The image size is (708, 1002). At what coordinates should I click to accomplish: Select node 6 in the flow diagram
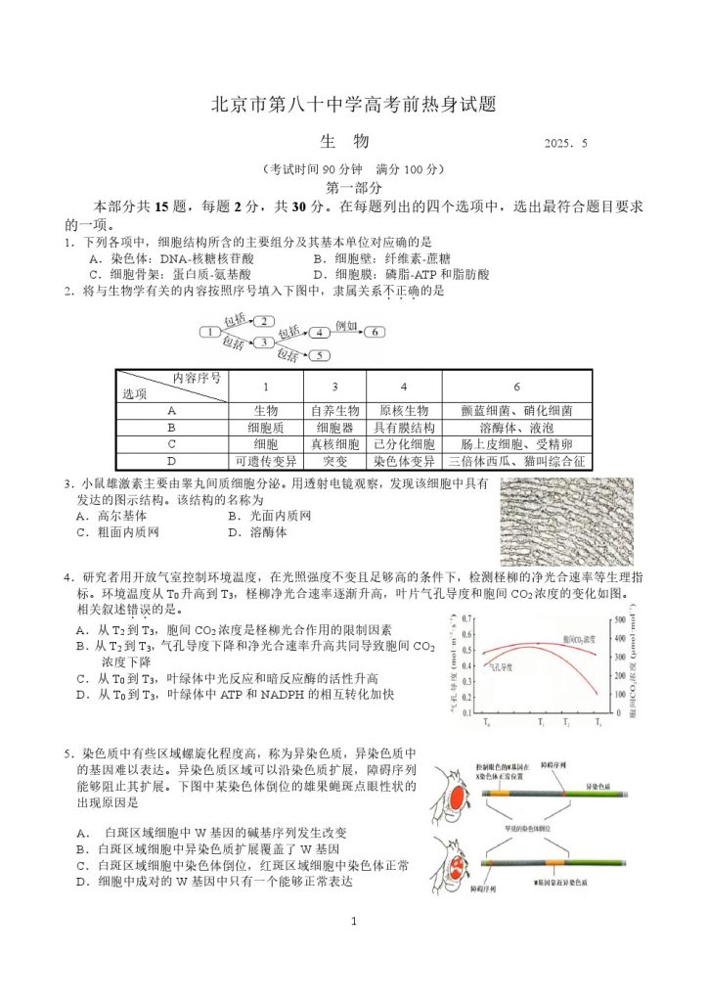tap(376, 333)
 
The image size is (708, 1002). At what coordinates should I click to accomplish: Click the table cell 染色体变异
tap(404, 461)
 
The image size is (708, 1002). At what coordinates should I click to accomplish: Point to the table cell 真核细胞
tap(334, 444)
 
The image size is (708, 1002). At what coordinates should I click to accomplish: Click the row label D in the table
tap(171, 461)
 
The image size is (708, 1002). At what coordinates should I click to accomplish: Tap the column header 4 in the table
tap(404, 387)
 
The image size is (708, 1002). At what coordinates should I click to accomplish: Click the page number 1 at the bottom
tap(354, 921)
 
